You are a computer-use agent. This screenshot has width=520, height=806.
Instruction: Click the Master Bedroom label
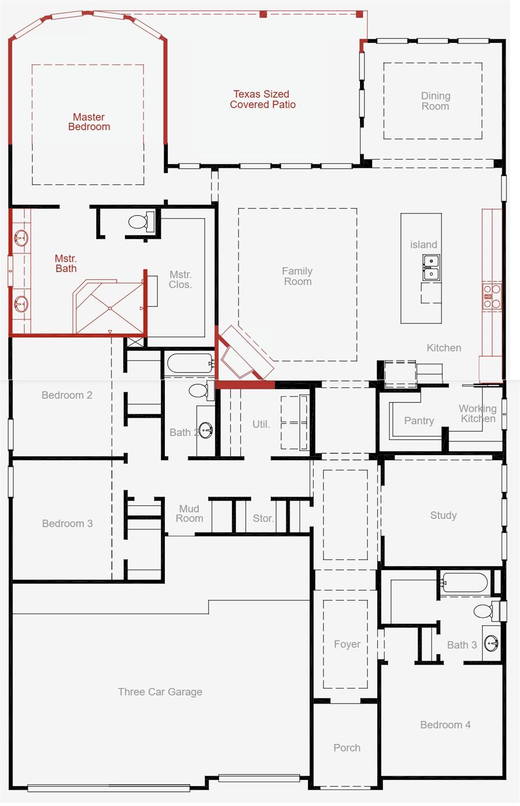[89, 122]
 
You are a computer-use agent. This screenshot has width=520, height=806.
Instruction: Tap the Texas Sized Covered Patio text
[262, 99]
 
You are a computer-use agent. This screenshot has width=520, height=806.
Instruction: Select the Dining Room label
[436, 101]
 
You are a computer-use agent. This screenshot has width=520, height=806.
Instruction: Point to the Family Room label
[297, 276]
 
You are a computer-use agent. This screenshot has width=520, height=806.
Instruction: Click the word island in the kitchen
[423, 245]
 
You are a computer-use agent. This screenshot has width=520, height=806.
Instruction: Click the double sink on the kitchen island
[431, 267]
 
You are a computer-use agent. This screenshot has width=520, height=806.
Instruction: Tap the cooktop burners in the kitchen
[492, 296]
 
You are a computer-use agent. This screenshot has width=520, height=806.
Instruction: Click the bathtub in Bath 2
[190, 363]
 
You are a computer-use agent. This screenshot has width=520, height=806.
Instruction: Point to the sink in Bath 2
[206, 430]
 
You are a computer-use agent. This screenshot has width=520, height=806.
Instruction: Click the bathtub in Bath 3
[465, 582]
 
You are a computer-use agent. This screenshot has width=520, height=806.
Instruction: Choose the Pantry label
[419, 421]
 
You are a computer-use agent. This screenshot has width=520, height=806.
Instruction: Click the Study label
[443, 515]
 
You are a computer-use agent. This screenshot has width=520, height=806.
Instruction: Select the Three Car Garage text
[160, 692]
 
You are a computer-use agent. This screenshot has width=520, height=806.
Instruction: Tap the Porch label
[347, 748]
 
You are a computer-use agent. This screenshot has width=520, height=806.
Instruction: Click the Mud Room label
[189, 514]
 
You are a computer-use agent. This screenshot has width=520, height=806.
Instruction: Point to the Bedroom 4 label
[445, 725]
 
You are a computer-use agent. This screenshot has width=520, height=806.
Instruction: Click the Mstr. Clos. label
[181, 280]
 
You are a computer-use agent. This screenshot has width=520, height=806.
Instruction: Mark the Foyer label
[347, 644]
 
